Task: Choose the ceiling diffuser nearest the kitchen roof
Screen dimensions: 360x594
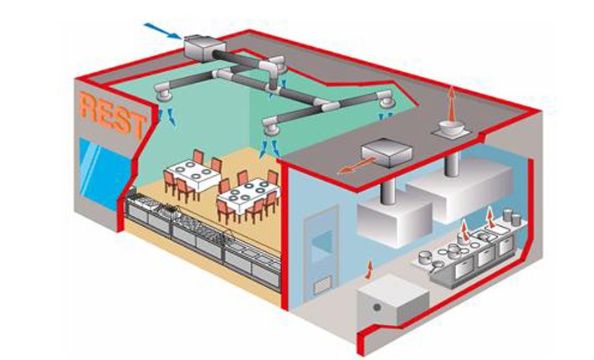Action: pyautogui.click(x=386, y=102)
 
